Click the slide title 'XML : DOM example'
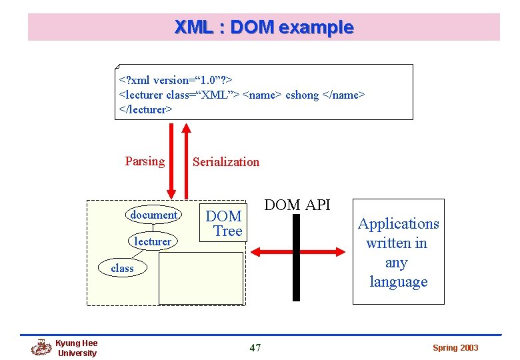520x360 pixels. [x=263, y=27]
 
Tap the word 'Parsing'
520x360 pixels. [x=145, y=161]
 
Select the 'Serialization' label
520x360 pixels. [x=225, y=161]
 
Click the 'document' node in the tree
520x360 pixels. [x=154, y=215]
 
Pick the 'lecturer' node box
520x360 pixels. [x=153, y=241]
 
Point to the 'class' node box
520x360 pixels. [x=122, y=268]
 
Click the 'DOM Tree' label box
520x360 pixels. [x=223, y=223]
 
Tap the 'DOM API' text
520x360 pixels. [x=297, y=205]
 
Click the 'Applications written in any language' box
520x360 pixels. [x=398, y=252]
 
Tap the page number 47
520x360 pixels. [x=255, y=347]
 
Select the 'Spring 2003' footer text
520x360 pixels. [x=455, y=348]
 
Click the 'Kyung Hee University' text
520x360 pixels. [x=77, y=348]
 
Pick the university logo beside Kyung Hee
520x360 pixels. [x=41, y=347]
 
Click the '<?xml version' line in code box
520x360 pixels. [x=175, y=80]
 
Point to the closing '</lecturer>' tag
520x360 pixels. [x=145, y=109]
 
